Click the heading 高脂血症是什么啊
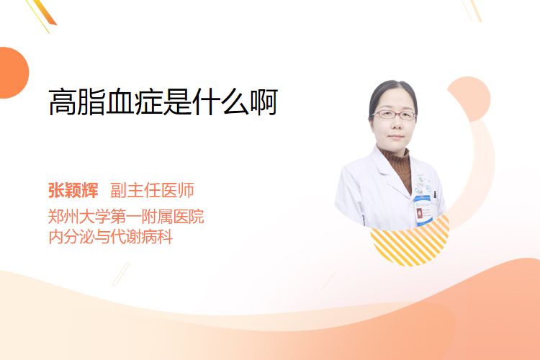(x=163, y=102)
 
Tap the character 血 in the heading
(x=120, y=102)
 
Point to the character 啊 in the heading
(x=264, y=102)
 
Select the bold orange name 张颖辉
(x=73, y=190)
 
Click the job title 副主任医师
(x=152, y=190)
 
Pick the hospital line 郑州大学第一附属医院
(x=126, y=217)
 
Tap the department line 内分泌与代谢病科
(x=111, y=237)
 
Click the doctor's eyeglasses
(x=394, y=114)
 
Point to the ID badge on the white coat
(x=423, y=210)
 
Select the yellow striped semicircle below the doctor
(x=410, y=243)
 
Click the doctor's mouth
(x=395, y=137)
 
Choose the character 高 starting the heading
(x=63, y=102)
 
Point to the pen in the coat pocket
(x=435, y=195)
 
